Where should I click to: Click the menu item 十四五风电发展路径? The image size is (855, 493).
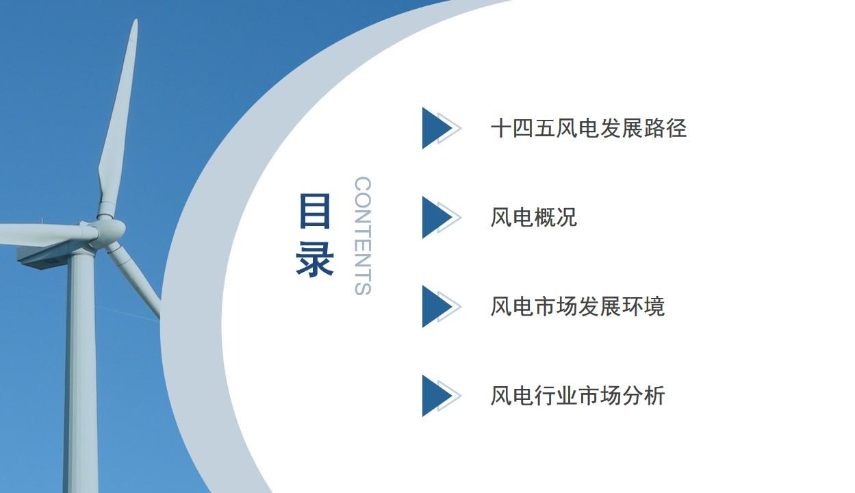(x=589, y=128)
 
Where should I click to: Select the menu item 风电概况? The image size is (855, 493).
(x=534, y=217)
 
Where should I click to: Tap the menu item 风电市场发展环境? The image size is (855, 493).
(x=578, y=306)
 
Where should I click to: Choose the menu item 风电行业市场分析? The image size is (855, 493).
(x=578, y=396)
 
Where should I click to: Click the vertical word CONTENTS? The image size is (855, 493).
(x=363, y=236)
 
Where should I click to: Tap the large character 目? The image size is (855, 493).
(x=314, y=211)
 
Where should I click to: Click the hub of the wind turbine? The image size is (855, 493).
(x=111, y=229)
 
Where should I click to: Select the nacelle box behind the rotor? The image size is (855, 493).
(x=46, y=257)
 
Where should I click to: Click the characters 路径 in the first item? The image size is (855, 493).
(x=665, y=128)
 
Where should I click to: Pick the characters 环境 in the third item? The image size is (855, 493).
(x=643, y=306)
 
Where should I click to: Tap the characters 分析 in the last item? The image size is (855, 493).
(x=643, y=396)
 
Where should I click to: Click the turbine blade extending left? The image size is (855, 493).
(x=46, y=233)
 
